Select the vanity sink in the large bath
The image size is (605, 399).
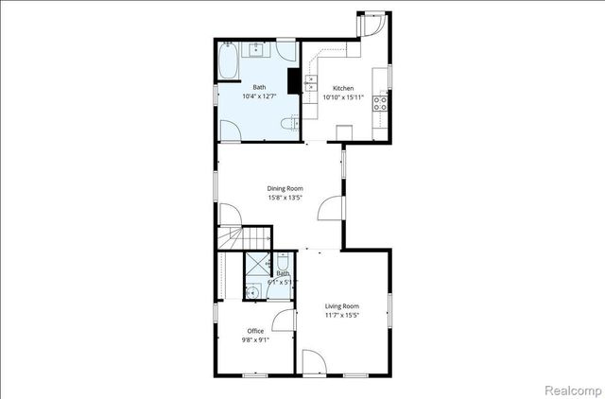256,49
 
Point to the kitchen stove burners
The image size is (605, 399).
380,102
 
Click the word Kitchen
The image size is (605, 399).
342,88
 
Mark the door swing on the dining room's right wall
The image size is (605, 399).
331,208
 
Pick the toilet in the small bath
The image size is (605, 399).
283,265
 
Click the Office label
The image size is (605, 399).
255,330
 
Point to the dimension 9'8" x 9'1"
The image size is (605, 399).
255,339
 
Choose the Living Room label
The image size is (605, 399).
342,305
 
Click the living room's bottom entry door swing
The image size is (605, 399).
314,363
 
